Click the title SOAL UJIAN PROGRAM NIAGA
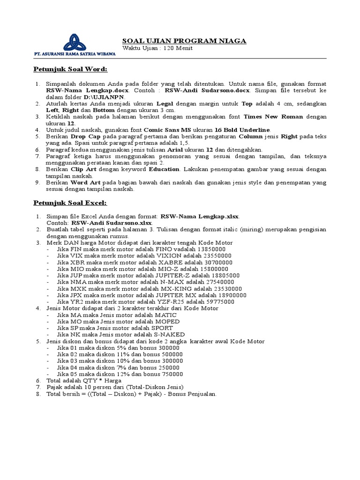point(184,41)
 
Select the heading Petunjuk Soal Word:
point(70,69)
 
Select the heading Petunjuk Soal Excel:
point(70,202)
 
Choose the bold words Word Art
point(84,182)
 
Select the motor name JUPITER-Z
point(184,275)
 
